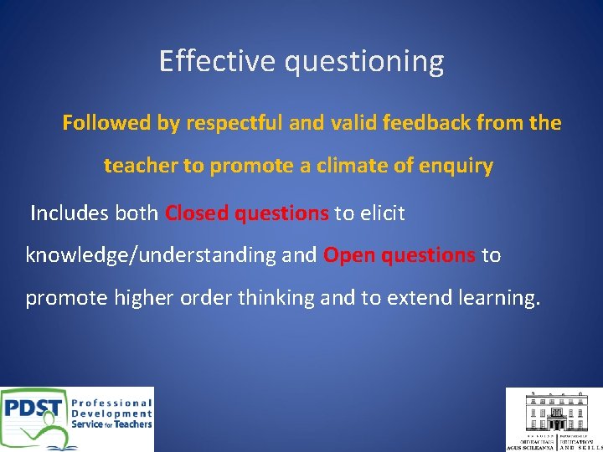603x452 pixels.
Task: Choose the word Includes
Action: (x=70, y=213)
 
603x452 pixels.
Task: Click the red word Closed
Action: (x=198, y=213)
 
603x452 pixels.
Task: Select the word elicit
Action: (x=382, y=213)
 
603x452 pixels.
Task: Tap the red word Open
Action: (x=349, y=255)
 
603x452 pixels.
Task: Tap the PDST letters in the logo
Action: (x=33, y=411)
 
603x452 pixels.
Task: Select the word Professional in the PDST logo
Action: (x=112, y=402)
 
